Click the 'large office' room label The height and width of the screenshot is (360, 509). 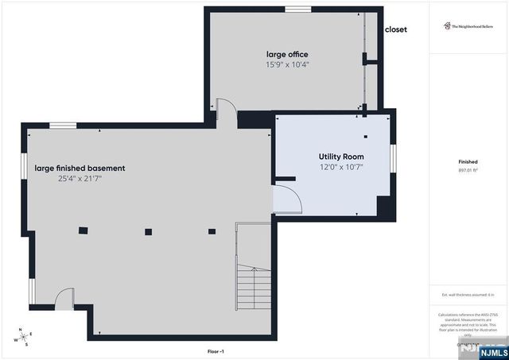coord(287,54)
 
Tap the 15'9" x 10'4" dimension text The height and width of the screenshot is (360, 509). coord(287,64)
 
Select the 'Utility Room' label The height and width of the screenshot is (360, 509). coord(341,157)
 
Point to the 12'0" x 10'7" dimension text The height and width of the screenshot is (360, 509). coord(341,167)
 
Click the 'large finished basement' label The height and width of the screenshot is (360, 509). coord(80,168)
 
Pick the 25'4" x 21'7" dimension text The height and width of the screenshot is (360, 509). coord(80,179)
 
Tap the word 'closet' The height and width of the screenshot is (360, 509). coord(395,29)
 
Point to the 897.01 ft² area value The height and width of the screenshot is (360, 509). coord(468,170)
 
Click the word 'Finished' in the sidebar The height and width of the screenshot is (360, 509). coord(468,161)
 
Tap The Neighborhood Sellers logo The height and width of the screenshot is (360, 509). coord(468,26)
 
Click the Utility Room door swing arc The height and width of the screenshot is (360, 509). coord(288,200)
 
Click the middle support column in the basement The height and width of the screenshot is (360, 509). coord(147,232)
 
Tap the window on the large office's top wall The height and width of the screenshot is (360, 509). coord(298,10)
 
